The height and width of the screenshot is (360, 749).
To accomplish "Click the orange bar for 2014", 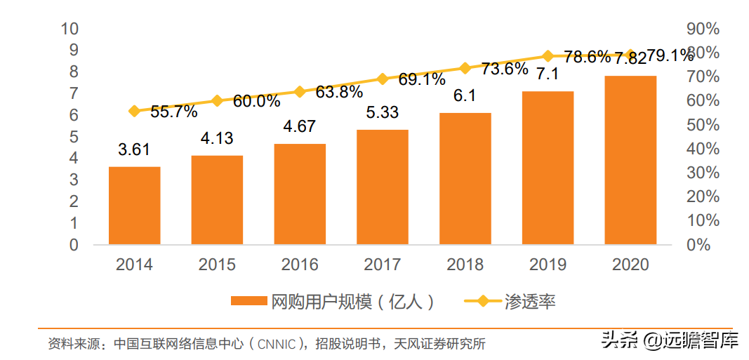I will pos(134,206).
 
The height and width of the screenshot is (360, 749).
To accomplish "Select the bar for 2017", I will pos(383,187).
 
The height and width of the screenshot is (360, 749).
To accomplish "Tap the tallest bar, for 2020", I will pos(630,160).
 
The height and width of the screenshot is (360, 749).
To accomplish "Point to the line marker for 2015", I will pos(217,101).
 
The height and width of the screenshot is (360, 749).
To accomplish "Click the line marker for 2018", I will pos(465,68).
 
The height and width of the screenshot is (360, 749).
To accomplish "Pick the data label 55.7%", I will pos(173,111).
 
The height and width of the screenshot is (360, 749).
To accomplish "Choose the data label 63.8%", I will pos(339,92).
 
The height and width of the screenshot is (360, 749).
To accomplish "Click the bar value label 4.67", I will pos(299,127).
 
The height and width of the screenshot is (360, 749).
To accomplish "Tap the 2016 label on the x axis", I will pos(300,265).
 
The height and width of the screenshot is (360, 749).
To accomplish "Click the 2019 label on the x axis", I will pos(548,265).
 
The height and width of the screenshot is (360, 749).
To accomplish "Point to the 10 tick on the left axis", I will pos(69,29).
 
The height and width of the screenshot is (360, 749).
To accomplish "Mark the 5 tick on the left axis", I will pos(73,137).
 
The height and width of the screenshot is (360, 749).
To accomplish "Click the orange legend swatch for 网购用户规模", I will pos(250,301).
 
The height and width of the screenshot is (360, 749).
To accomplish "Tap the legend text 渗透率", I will pos(530,302).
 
